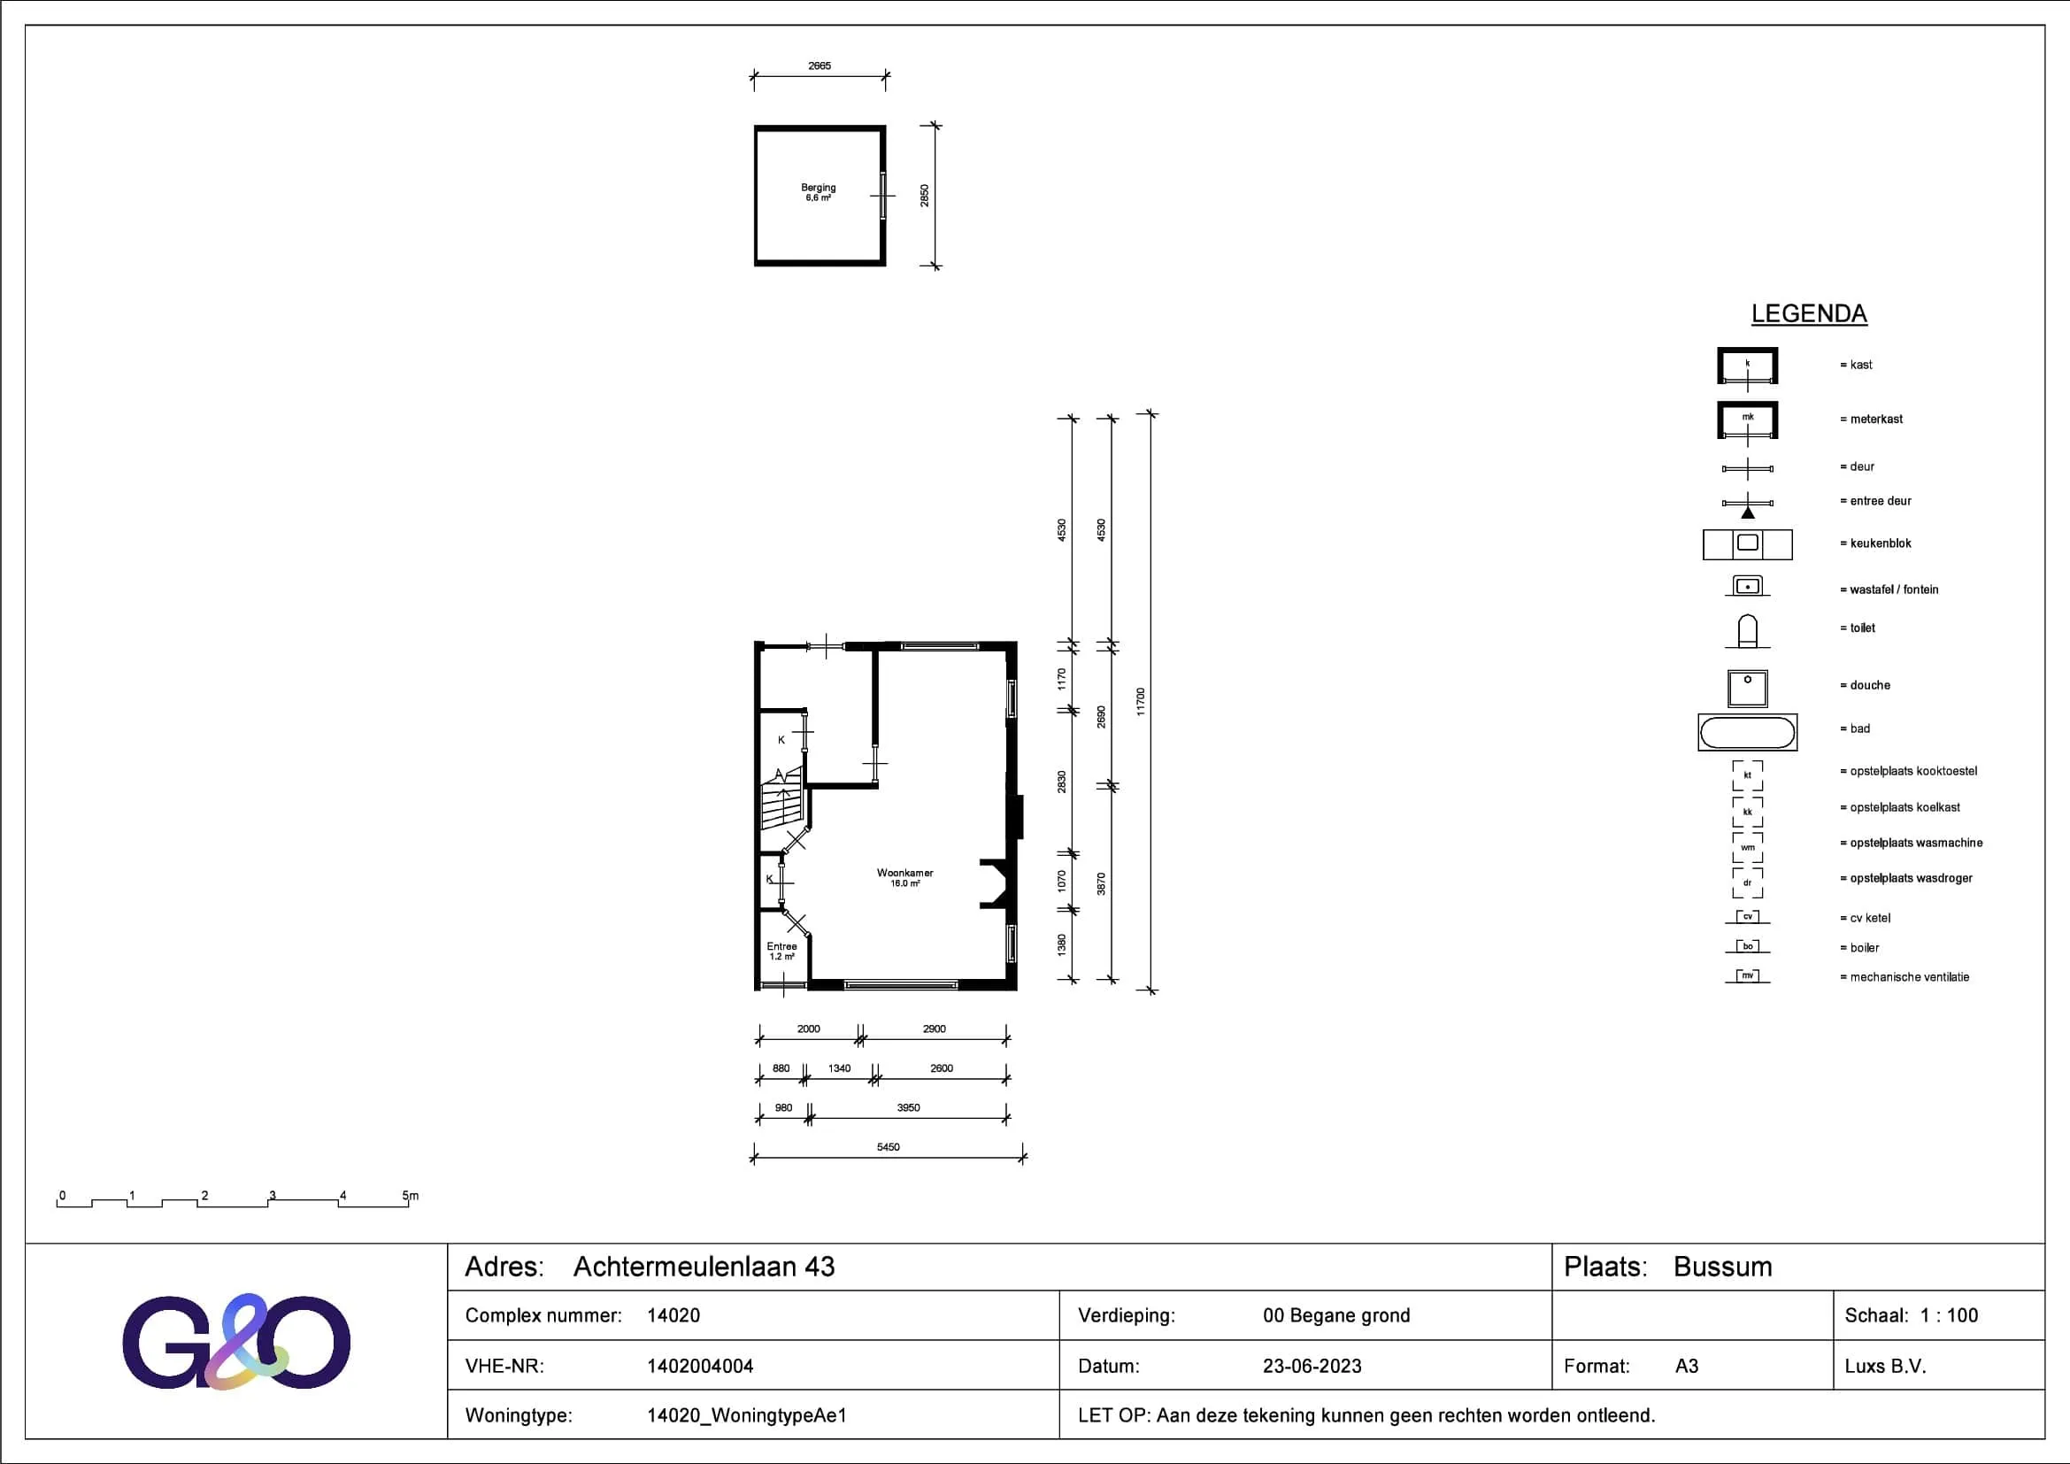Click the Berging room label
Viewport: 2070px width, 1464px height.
[819, 188]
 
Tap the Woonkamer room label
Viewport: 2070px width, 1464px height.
[905, 873]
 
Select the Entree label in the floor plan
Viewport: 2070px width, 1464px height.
[781, 946]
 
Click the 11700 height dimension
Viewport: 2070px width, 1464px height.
[1141, 702]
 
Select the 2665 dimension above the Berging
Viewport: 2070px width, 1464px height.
[820, 65]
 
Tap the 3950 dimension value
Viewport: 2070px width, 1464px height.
[909, 1108]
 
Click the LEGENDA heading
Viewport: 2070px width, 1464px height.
[1809, 313]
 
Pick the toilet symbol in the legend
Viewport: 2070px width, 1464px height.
[1747, 631]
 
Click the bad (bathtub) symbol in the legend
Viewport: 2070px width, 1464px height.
[1747, 733]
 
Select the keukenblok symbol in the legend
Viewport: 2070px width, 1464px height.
[1747, 544]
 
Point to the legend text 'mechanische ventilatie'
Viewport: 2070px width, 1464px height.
[1910, 977]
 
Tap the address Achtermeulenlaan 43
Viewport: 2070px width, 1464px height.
[704, 1267]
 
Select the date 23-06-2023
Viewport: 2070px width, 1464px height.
[1312, 1366]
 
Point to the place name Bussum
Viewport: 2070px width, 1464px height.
[1723, 1267]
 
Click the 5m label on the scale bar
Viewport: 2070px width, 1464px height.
[411, 1195]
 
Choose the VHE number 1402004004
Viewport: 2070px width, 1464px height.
[700, 1366]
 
